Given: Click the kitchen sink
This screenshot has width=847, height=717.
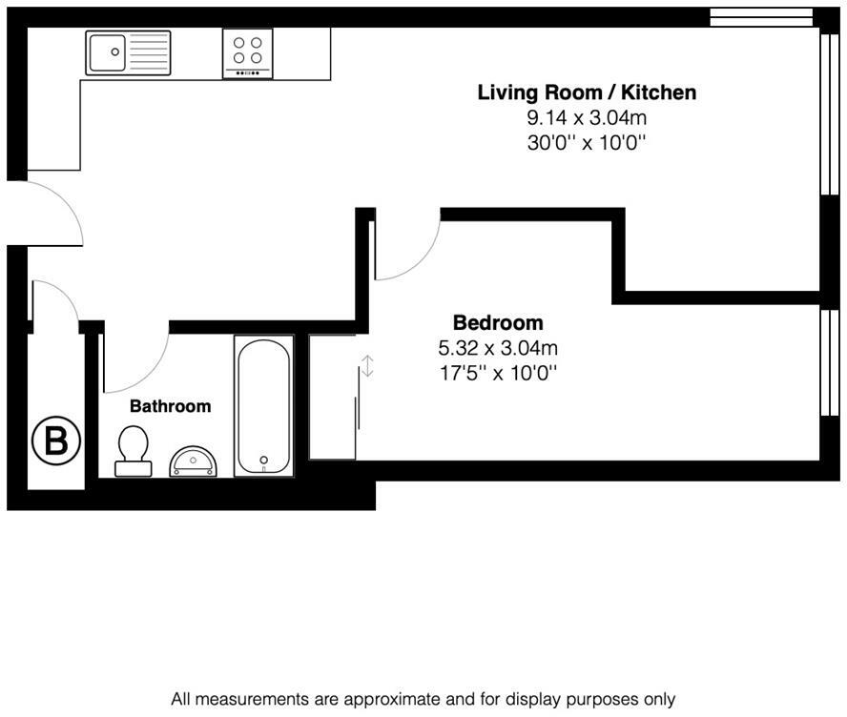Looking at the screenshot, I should pyautogui.click(x=128, y=53).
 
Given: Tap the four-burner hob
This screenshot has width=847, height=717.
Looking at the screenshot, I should pyautogui.click(x=247, y=53).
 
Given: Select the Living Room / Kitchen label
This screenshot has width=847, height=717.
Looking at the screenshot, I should pyautogui.click(x=587, y=92).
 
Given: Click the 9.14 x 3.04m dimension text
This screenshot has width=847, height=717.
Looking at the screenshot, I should pyautogui.click(x=587, y=118).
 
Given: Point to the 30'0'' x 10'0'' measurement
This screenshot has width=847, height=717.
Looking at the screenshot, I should pyautogui.click(x=587, y=143).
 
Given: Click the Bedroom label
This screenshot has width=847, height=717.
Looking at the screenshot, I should pyautogui.click(x=498, y=322).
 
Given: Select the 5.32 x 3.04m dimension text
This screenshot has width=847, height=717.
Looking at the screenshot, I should pyautogui.click(x=498, y=348).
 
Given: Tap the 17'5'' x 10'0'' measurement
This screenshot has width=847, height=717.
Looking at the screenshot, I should pyautogui.click(x=498, y=373).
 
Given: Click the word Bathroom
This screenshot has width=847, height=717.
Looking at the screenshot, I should pyautogui.click(x=170, y=406).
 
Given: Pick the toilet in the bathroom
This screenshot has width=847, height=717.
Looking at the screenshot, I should pyautogui.click(x=132, y=450).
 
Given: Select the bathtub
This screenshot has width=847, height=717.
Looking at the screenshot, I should pyautogui.click(x=263, y=406).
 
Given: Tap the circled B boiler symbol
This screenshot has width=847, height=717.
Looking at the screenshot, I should pyautogui.click(x=56, y=441).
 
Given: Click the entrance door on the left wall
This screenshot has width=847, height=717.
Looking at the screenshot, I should pyautogui.click(x=52, y=210).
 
